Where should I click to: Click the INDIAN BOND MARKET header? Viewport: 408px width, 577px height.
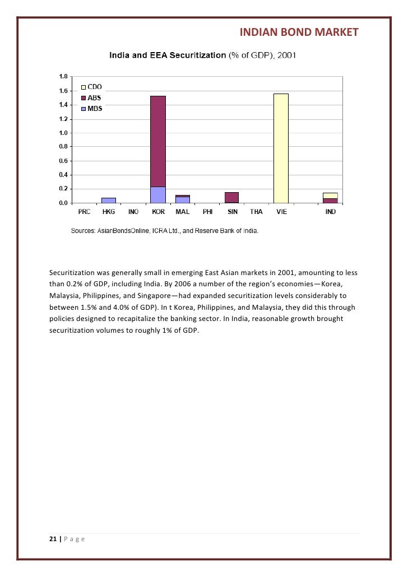click(299, 32)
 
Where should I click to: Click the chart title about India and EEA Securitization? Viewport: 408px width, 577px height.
click(202, 56)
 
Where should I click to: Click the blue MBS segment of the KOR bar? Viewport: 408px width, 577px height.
click(158, 194)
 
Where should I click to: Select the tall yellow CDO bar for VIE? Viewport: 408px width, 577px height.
click(281, 148)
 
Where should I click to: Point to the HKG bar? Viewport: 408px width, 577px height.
click(109, 200)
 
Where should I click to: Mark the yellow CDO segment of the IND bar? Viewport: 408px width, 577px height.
click(330, 196)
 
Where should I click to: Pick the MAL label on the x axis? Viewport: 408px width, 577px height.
click(182, 212)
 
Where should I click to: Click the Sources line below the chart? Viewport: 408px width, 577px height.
click(164, 230)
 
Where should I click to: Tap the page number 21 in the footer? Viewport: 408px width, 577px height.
click(53, 539)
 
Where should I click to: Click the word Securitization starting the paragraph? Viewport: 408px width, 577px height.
click(72, 273)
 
